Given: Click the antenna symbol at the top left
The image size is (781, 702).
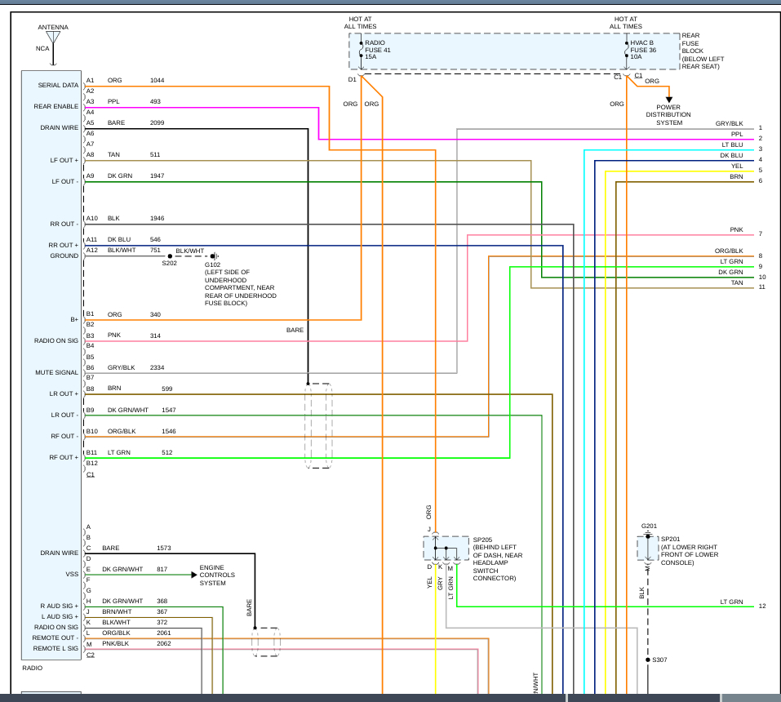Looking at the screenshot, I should [53, 38].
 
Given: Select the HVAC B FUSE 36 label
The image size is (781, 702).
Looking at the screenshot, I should [641, 49].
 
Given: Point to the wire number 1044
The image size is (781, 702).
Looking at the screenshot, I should [157, 80].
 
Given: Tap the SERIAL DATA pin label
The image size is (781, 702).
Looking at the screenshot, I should [58, 85].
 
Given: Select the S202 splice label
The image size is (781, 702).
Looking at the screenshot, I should [169, 264].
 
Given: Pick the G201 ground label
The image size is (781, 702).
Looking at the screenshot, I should [649, 526].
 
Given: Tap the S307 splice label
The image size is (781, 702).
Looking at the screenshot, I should [659, 660].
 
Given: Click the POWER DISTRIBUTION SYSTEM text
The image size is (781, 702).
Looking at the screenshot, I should [668, 114].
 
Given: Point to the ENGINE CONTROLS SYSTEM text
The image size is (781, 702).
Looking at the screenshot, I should [217, 575].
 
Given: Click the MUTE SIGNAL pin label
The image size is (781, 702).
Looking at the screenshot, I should [56, 372].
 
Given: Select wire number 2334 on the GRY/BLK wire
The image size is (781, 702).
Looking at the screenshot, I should [158, 367].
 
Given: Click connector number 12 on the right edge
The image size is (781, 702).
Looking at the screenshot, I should [762, 606].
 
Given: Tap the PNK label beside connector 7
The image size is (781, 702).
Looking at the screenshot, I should [736, 230].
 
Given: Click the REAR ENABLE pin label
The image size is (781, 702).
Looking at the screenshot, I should [56, 106].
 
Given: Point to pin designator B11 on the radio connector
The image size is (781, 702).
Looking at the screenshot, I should [92, 452].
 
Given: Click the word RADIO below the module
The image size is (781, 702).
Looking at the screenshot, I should [33, 668].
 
